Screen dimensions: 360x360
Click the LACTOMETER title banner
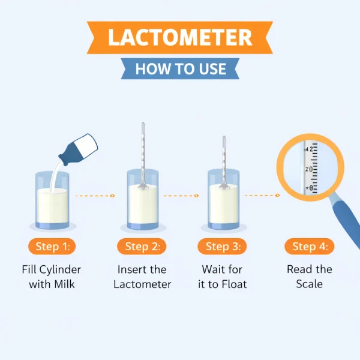[x=180, y=37]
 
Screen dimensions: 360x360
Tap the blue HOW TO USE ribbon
[x=180, y=68]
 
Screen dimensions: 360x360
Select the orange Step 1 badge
[x=52, y=246]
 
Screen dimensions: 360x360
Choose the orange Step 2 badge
[x=142, y=246]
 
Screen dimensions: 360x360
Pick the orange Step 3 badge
[x=223, y=246]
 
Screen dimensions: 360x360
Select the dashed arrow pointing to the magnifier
[x=262, y=196]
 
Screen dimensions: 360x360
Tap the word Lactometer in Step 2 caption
[x=142, y=284]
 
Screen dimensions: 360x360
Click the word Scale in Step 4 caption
[x=310, y=284]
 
